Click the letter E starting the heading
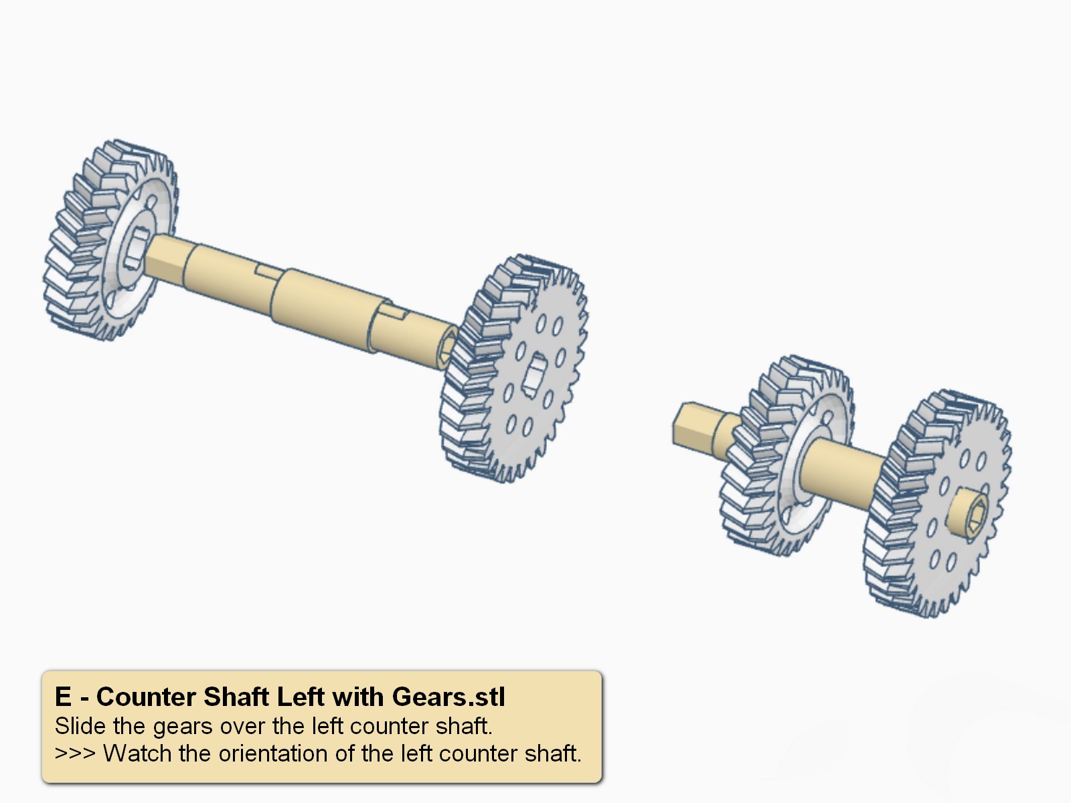click(63, 697)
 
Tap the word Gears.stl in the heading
click(448, 697)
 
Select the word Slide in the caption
click(80, 726)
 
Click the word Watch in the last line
click(138, 753)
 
